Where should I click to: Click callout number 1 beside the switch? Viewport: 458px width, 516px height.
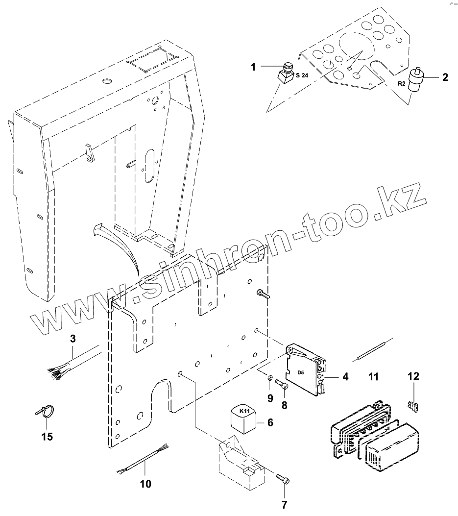pos(253,67)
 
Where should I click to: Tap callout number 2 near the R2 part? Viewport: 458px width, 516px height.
pos(445,77)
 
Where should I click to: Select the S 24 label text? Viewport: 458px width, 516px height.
pos(302,75)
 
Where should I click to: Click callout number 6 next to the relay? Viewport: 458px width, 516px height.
pos(270,422)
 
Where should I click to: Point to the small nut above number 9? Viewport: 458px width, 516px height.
pos(270,378)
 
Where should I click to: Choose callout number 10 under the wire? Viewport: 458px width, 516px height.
pos(145,484)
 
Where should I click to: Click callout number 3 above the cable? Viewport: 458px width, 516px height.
pos(72,339)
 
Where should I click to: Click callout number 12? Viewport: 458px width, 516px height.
pos(413,376)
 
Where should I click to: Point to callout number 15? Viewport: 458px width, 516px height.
pos(47,436)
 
